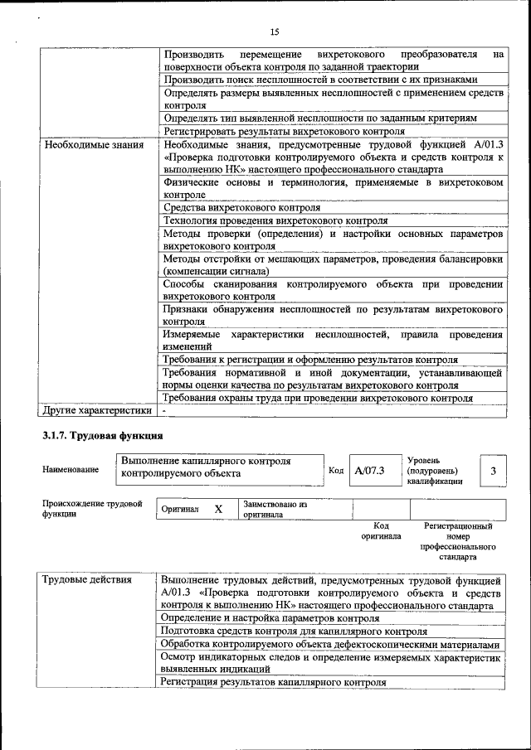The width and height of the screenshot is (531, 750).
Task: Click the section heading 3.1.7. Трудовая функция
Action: (102, 435)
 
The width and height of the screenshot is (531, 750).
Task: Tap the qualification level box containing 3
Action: (493, 471)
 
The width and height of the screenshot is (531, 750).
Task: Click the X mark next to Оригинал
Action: (218, 510)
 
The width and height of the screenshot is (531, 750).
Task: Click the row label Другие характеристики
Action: (97, 409)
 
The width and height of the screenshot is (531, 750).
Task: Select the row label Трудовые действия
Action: (87, 580)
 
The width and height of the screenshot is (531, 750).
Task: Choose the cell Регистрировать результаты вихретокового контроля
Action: (284, 131)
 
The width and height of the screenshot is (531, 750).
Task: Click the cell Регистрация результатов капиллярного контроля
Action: (274, 683)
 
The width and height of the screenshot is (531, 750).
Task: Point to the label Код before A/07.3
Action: (336, 471)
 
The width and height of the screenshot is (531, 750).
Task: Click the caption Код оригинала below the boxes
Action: (381, 530)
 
